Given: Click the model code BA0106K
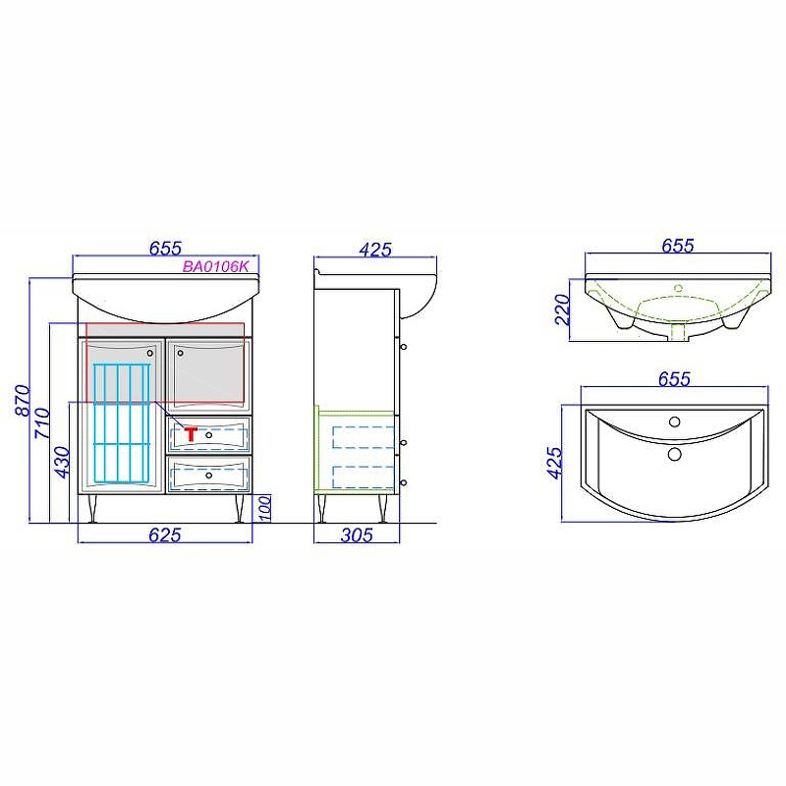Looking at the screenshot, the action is click(x=215, y=266).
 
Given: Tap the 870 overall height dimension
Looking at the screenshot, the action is click(x=23, y=400).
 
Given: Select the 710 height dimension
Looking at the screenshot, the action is click(x=42, y=423).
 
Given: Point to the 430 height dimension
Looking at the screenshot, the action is click(x=62, y=462).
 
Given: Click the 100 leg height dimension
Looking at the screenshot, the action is click(x=265, y=508).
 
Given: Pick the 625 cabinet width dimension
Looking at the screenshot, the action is click(x=165, y=535).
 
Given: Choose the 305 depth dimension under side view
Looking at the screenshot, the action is click(x=357, y=535).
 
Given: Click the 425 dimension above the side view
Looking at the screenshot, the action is click(x=375, y=250).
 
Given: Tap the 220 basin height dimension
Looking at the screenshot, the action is click(x=562, y=309).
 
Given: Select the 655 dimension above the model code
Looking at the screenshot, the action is click(x=165, y=249).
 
